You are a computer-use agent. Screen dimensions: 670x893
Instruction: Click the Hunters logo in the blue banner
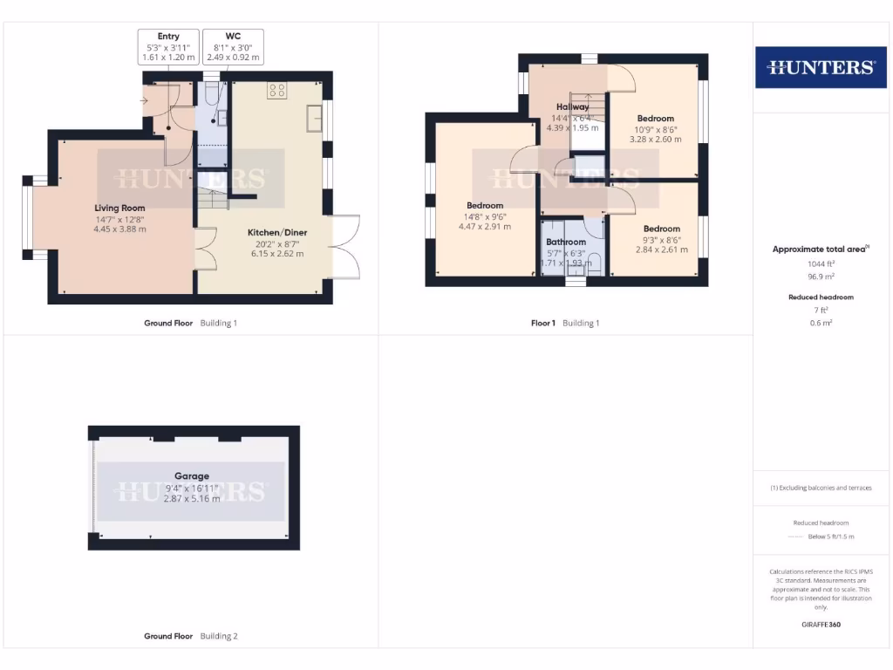[x=820, y=67]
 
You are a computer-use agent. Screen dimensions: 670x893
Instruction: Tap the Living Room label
[x=120, y=208]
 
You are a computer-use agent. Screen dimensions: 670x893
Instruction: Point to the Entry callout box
[x=168, y=47]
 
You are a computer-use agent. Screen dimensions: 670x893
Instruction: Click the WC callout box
[x=233, y=47]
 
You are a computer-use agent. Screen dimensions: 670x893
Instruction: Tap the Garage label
[x=191, y=476]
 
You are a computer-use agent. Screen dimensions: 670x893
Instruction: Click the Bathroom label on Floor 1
[x=566, y=242]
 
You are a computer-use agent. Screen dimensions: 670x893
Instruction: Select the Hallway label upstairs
[x=572, y=107]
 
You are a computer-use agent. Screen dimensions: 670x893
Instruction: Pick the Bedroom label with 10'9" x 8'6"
[x=655, y=119]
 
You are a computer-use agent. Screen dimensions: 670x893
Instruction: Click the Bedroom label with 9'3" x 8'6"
[x=661, y=229]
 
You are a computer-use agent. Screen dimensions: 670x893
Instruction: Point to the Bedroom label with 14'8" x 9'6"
[x=484, y=206]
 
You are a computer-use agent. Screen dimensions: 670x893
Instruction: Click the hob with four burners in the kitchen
[x=278, y=89]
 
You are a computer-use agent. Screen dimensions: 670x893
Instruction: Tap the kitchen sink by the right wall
[x=313, y=120]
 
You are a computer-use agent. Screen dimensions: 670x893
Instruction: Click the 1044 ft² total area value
[x=820, y=263]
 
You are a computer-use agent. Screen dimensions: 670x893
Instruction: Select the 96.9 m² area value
[x=820, y=275]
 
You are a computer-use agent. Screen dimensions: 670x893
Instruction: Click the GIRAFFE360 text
[x=820, y=625]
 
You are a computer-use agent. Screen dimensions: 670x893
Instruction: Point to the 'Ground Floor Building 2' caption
[x=190, y=636]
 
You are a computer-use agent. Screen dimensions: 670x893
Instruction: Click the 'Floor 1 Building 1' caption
[x=565, y=323]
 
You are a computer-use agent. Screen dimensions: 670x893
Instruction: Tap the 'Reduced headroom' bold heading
[x=820, y=297]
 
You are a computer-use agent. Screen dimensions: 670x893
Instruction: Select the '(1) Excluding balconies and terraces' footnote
[x=820, y=488]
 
